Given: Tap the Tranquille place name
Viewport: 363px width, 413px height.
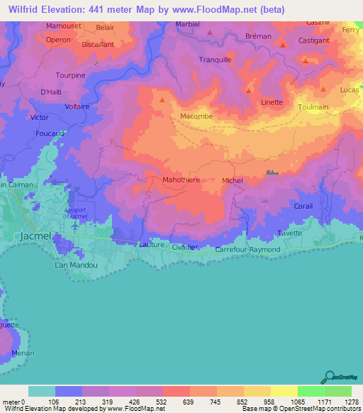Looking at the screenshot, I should click(216, 60).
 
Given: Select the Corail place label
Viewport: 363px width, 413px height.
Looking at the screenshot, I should click(303, 206).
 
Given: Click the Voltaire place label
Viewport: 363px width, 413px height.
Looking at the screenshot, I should click(77, 106).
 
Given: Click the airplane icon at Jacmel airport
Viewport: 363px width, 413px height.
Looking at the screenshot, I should click(75, 226).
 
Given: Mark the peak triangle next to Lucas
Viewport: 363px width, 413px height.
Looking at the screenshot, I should click(323, 89).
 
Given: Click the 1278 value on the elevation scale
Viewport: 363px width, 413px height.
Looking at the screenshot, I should click(352, 402).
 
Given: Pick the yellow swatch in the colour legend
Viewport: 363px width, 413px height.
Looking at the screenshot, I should click(257, 391).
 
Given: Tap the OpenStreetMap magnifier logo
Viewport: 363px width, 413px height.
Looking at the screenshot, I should click(329, 377).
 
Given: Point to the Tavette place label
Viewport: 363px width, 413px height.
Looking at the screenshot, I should click(289, 233).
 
